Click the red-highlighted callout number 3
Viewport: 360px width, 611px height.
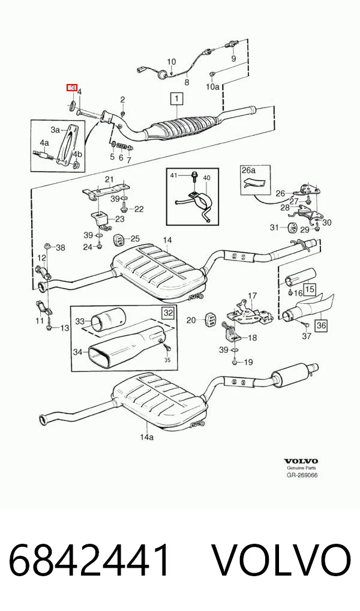pyautogui.click(x=72, y=88)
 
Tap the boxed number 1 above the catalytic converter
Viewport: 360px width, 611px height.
pyautogui.click(x=176, y=98)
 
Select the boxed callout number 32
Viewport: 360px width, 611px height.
pyautogui.click(x=168, y=313)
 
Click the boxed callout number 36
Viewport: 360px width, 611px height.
pyautogui.click(x=321, y=325)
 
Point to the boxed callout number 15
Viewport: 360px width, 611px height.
pyautogui.click(x=310, y=289)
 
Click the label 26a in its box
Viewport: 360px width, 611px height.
pyautogui.click(x=248, y=170)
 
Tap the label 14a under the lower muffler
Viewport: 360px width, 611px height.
pyautogui.click(x=147, y=437)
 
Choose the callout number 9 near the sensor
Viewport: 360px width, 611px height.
pyautogui.click(x=234, y=59)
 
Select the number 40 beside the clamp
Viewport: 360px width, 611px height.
pyautogui.click(x=206, y=178)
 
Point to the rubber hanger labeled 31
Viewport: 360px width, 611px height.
pyautogui.click(x=292, y=227)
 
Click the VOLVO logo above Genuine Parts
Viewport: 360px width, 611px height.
pyautogui.click(x=301, y=462)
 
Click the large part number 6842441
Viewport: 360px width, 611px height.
pyautogui.click(x=89, y=561)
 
